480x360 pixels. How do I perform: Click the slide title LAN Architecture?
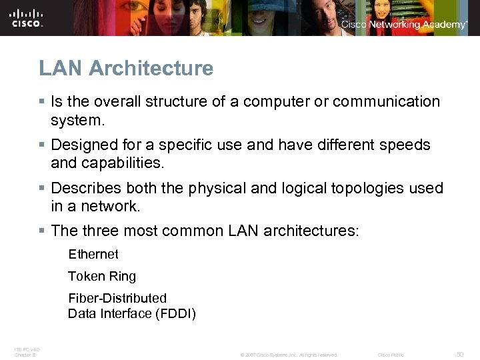(126, 68)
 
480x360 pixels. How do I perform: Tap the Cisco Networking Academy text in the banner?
(404, 25)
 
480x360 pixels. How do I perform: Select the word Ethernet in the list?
(93, 254)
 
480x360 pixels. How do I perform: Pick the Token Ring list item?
(101, 276)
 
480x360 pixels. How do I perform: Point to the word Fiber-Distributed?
(117, 298)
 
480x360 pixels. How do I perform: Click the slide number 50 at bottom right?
(460, 355)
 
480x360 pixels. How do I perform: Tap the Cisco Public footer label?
(391, 355)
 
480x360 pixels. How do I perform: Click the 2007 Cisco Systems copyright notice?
(289, 355)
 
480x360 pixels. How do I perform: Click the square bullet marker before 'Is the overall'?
(42, 102)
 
